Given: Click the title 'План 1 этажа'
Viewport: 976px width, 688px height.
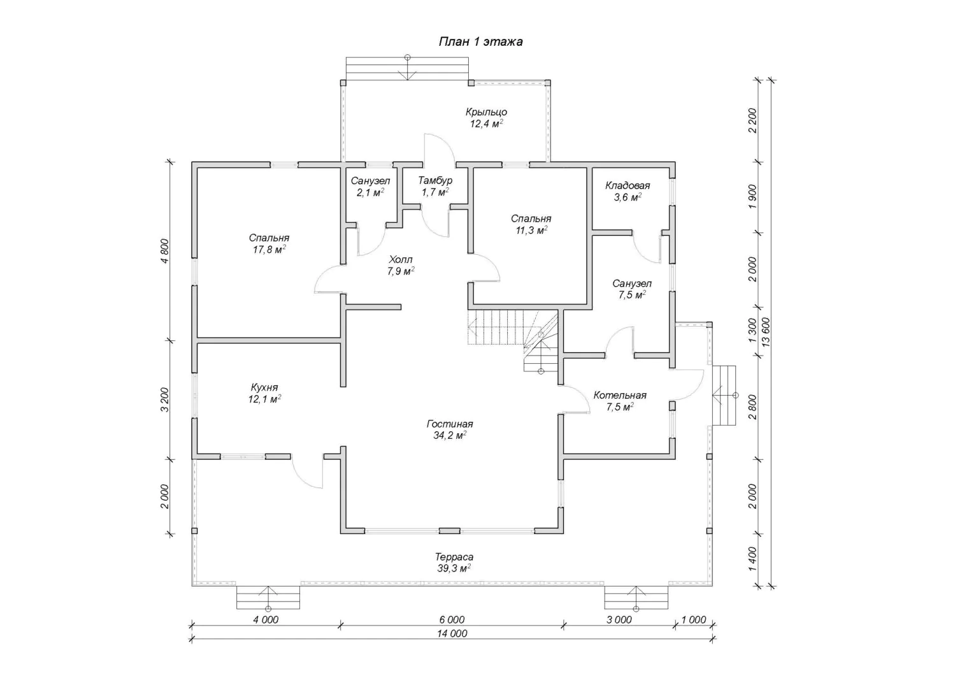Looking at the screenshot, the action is click(x=480, y=42).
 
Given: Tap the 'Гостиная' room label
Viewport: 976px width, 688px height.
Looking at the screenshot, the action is click(x=450, y=424).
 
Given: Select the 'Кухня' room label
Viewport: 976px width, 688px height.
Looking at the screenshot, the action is click(x=264, y=387).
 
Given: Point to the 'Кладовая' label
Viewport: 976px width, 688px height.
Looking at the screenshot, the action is click(x=628, y=185).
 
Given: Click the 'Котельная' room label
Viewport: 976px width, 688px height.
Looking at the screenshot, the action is click(x=620, y=395).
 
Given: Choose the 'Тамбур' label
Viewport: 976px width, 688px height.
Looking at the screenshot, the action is click(x=435, y=180).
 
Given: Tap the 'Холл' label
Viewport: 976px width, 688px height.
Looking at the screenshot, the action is click(x=401, y=260).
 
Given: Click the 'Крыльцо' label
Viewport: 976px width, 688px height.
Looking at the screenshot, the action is click(x=486, y=112).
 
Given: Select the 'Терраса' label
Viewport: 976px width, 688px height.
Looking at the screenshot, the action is click(x=454, y=557).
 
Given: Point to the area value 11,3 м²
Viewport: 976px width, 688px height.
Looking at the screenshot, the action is click(x=531, y=230).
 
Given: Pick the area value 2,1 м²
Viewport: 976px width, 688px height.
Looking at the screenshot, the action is click(x=370, y=192).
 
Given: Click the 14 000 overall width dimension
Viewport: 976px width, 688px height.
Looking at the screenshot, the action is click(x=452, y=633).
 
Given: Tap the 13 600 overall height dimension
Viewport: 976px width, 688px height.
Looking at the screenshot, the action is click(x=766, y=332).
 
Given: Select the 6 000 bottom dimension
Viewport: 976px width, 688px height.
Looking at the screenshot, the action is click(x=452, y=620).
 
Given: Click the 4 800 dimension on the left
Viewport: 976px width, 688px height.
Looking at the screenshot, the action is click(x=164, y=251).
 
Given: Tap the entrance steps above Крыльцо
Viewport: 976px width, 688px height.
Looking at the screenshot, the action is click(x=407, y=68).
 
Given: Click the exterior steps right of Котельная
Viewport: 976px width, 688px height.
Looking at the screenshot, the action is click(x=724, y=395).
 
